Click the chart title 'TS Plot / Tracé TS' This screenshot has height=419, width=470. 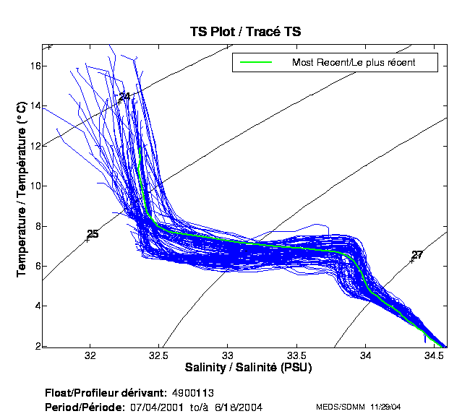click(245, 31)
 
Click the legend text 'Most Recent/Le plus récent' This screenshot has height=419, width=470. click(354, 63)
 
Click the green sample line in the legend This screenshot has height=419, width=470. click(256, 63)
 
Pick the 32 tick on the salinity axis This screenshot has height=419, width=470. click(90, 356)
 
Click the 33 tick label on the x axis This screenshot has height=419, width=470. click(228, 356)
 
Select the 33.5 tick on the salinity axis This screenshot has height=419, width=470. click(296, 356)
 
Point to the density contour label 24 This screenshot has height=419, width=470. click(124, 97)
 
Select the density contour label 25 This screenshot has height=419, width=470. click(93, 234)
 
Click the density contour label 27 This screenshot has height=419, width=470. click(417, 255)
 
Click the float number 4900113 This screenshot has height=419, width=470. click(193, 394)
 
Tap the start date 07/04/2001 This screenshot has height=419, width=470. click(155, 407)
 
